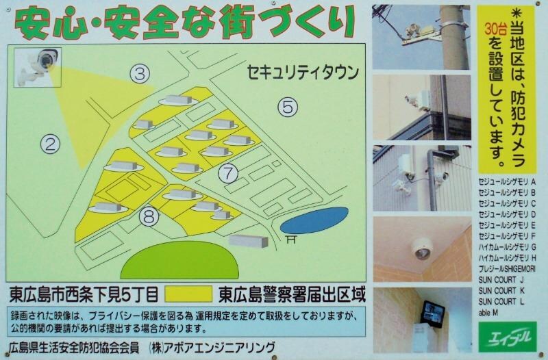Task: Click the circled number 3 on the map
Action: pos(140,74)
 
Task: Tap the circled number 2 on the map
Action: pos(49,143)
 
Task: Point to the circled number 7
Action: pos(229,172)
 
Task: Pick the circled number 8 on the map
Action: pos(149,216)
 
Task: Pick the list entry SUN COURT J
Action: pos(501,279)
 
